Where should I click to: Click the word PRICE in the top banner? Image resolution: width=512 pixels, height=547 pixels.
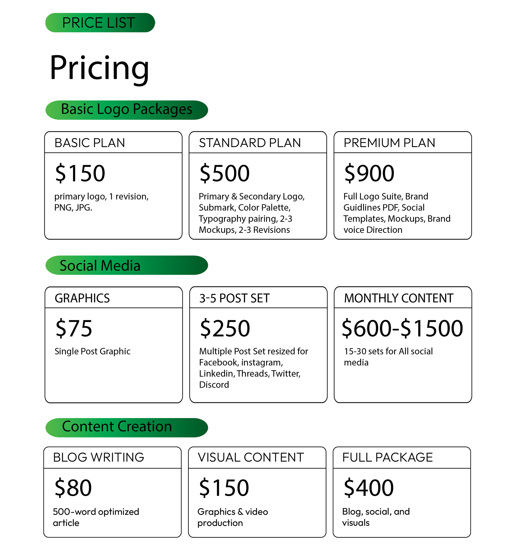coord(82,23)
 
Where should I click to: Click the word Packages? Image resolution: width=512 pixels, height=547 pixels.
coord(162,110)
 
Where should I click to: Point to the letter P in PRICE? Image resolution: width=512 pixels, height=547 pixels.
coord(66,23)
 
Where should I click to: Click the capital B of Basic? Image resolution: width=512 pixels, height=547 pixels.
coord(65,109)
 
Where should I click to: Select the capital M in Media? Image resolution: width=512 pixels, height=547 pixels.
coord(107,266)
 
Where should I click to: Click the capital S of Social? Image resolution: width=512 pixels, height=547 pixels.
coord(64,266)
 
